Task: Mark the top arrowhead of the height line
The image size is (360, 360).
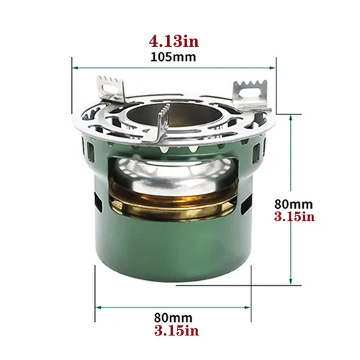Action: (290, 115)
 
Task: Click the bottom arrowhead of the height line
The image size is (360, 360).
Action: (290, 284)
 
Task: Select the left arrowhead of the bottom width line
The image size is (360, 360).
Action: (97, 307)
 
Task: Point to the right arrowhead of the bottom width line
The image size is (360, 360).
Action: (251, 307)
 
